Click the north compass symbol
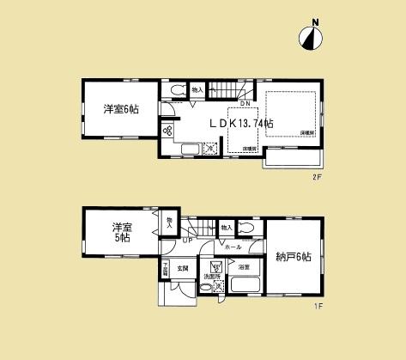311,35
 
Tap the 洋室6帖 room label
121,109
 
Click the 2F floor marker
316,177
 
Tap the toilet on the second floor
175,89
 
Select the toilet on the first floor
245,228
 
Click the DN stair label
245,105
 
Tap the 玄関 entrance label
183,269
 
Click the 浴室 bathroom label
243,268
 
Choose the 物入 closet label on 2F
197,89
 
